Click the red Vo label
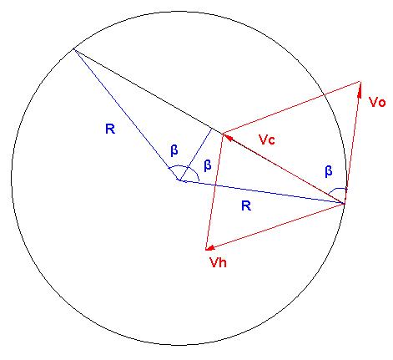tap(377, 102)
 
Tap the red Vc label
tap(267, 139)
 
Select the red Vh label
tap(218, 262)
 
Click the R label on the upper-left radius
tap(110, 129)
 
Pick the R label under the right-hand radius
tap(246, 206)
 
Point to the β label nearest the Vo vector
tap(329, 171)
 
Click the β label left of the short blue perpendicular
tap(174, 150)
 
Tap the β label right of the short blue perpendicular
tap(208, 165)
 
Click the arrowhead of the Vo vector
tap(360, 89)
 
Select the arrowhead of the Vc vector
tap(229, 138)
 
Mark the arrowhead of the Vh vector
tap(210, 247)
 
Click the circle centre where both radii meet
tap(179, 180)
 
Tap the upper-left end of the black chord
tap(73, 49)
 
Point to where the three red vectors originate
tap(345, 204)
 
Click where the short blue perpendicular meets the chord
tap(212, 129)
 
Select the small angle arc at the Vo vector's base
tap(338, 189)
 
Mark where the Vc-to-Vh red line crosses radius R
tap(215, 185)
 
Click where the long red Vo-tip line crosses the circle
tap(325, 95)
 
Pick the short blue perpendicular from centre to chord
tap(196, 155)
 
